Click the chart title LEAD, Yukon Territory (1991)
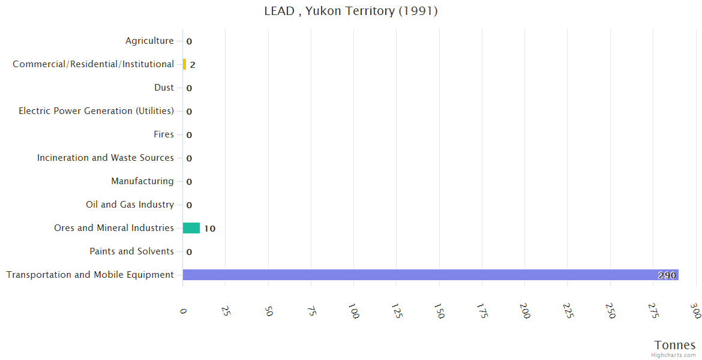tap(351, 11)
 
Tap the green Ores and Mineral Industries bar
tap(191, 228)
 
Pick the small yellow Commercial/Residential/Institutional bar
tap(185, 64)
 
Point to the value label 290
tap(667, 275)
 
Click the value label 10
tap(209, 229)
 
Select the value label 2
tap(193, 65)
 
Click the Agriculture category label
tap(149, 41)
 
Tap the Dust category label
tap(164, 88)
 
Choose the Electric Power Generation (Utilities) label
tap(96, 111)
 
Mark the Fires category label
tap(164, 134)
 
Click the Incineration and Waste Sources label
tap(106, 158)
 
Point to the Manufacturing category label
tap(142, 181)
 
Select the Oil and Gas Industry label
tap(130, 205)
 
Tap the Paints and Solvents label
tap(131, 251)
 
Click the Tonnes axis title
tap(675, 345)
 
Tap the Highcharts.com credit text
tap(674, 355)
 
